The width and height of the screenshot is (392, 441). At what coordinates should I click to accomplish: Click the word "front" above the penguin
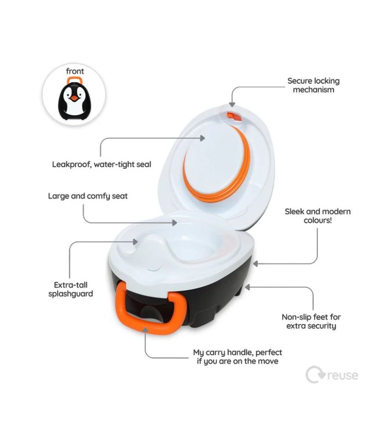pos(75,71)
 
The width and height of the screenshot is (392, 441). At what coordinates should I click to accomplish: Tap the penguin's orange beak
pos(74,98)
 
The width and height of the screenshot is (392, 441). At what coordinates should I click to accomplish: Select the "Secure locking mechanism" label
pos(313,85)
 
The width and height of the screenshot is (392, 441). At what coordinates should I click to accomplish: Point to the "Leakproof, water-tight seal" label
pos(101,164)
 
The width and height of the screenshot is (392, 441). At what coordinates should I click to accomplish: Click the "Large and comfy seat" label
pos(88,196)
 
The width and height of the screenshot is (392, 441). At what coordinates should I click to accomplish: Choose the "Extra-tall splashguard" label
pos(71,290)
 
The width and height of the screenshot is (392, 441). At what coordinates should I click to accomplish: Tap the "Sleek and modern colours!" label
pos(318,216)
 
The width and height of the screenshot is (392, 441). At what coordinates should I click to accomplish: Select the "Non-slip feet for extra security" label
pos(311,321)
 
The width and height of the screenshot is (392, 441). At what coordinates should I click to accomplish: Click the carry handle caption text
pos(238,357)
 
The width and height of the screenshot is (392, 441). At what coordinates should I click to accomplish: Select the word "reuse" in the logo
pos(343,375)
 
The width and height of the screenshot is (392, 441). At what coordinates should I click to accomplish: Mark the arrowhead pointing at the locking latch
pos(232,105)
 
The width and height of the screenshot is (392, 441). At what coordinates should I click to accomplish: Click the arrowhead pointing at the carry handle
pos(145,329)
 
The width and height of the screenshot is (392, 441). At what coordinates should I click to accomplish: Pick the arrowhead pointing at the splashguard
pos(136,242)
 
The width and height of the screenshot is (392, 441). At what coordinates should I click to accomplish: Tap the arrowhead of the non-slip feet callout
pos(247,287)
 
